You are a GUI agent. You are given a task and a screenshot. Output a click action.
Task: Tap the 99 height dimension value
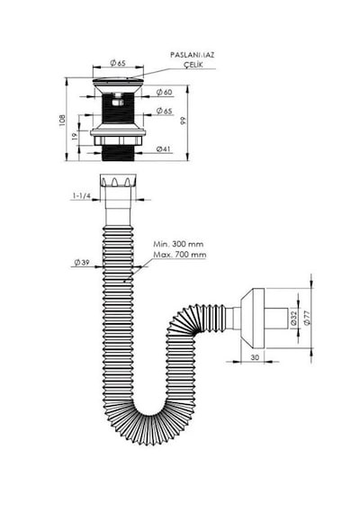point(183,121)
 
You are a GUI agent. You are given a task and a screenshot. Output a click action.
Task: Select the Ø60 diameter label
point(165,93)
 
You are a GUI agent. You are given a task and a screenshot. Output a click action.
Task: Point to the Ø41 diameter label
point(164,148)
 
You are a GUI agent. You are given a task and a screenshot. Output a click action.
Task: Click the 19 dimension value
point(75,136)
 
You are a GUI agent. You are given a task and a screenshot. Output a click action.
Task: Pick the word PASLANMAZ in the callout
point(192,55)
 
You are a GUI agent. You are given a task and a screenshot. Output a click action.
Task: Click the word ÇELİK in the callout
point(193,64)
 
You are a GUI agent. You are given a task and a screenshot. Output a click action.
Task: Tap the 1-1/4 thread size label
point(82,195)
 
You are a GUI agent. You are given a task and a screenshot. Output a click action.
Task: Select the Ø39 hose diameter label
point(82,263)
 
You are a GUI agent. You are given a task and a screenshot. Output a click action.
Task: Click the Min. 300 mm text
point(178,244)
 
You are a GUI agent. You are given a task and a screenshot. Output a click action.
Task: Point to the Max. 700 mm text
point(180,255)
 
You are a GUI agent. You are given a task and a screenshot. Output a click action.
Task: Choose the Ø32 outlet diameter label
point(293,318)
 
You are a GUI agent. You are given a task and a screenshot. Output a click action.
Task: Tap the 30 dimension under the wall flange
point(255,357)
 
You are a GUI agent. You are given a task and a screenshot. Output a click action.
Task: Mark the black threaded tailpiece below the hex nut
point(118,153)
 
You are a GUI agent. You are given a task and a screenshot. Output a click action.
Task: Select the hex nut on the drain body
point(118,140)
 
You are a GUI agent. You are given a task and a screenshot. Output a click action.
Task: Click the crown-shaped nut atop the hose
point(118,180)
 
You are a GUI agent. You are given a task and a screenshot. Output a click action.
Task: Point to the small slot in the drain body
point(118,103)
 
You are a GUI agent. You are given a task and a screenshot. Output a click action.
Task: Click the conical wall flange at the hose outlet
point(252,318)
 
